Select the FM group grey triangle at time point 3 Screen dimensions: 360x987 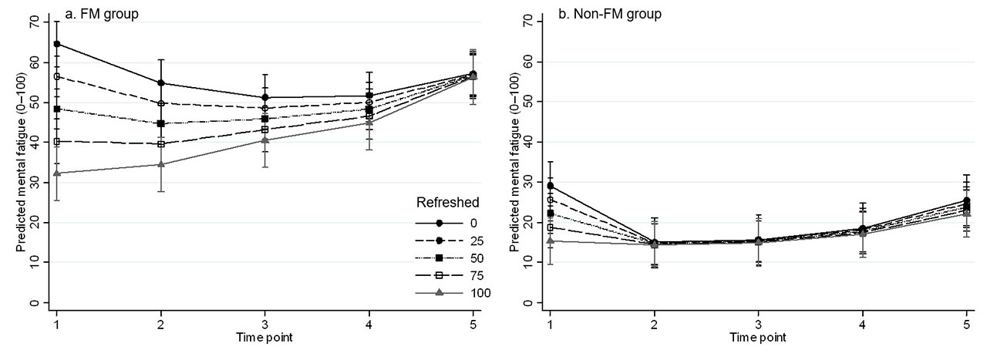coord(265,140)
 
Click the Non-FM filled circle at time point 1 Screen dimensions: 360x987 coord(550,186)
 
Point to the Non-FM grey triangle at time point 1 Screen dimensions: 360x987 coord(550,241)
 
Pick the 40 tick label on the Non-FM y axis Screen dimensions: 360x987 coord(528,142)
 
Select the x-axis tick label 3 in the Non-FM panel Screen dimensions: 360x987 coord(759,325)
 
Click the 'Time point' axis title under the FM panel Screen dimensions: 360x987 coord(264,338)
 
